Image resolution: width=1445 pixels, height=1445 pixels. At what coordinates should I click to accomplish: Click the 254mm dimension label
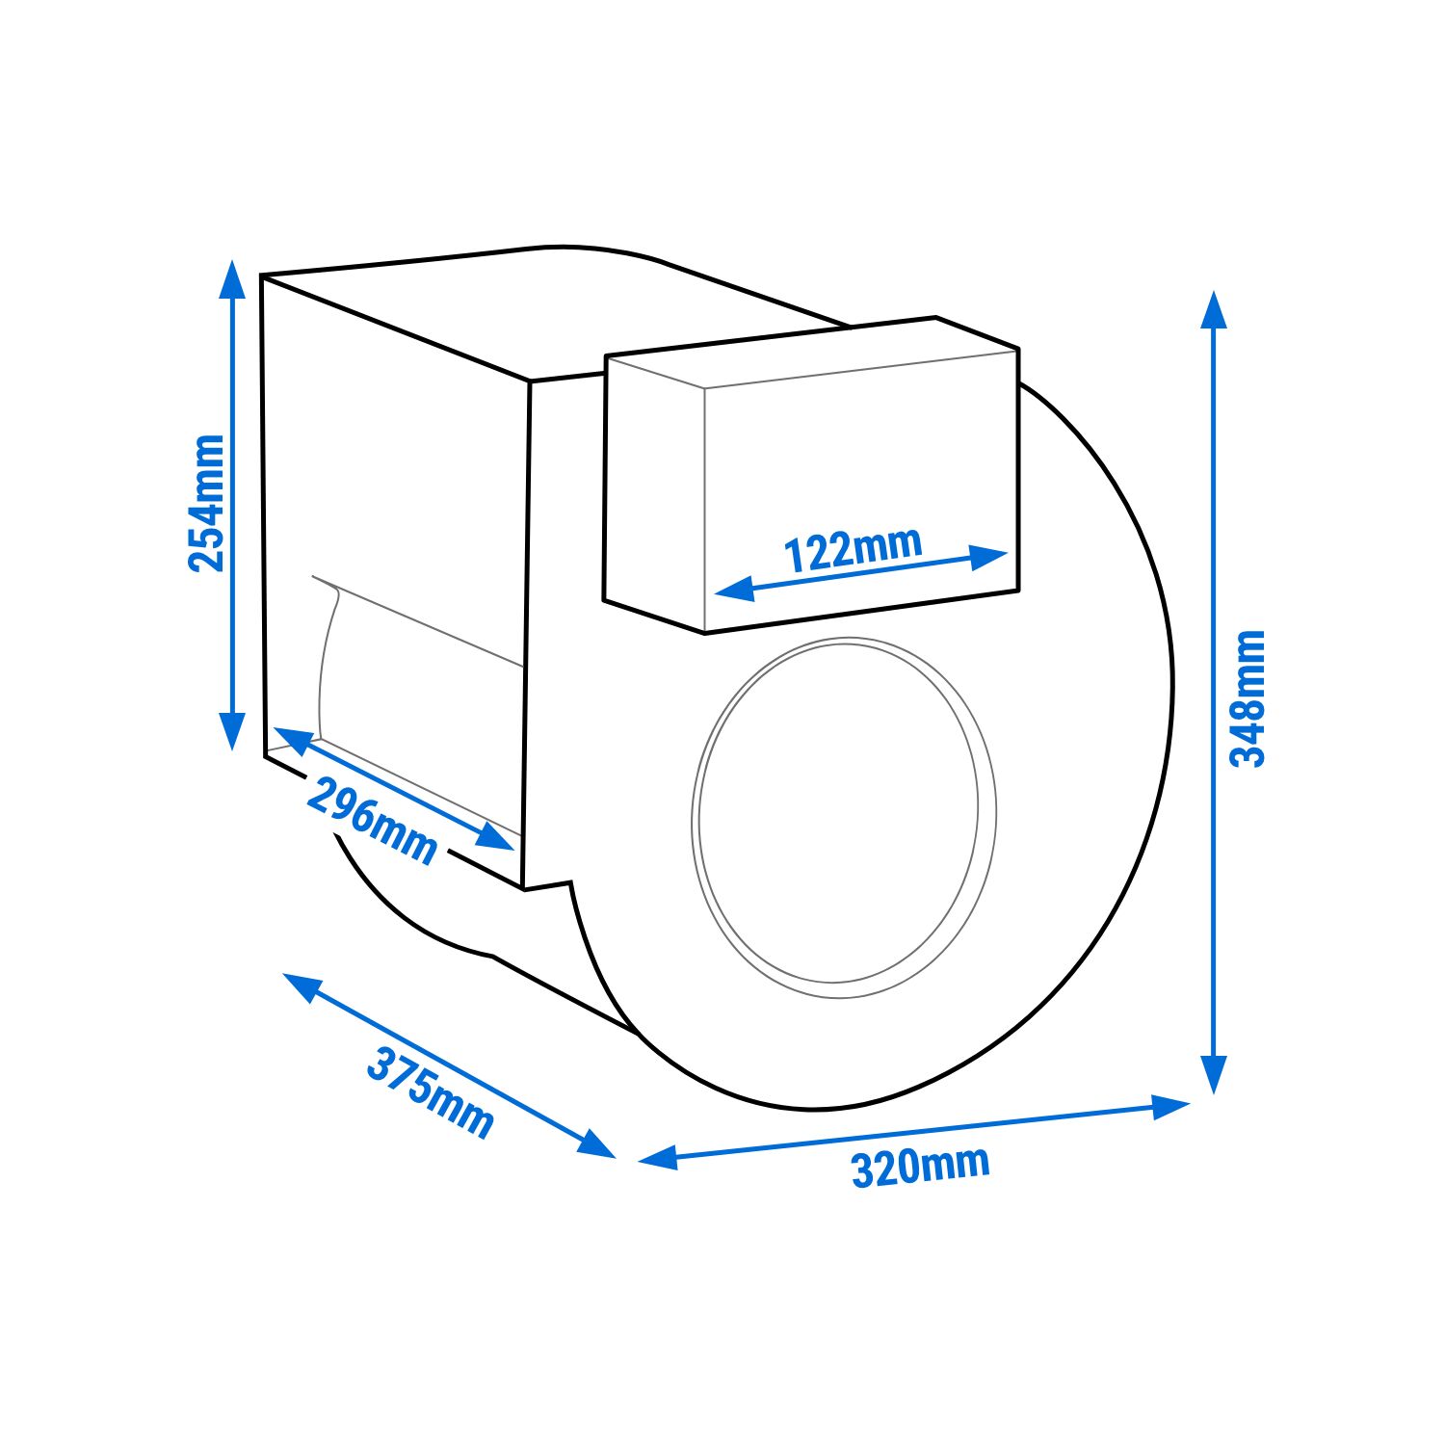pyautogui.click(x=207, y=504)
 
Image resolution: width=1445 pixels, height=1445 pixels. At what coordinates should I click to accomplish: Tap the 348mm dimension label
pyautogui.click(x=1248, y=698)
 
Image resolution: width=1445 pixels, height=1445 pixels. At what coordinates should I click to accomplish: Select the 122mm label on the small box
pyautogui.click(x=853, y=550)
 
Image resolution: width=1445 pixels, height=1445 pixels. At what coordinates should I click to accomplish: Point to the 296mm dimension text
pyautogui.click(x=372, y=822)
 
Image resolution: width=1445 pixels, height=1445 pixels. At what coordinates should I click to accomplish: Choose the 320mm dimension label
pyautogui.click(x=920, y=1167)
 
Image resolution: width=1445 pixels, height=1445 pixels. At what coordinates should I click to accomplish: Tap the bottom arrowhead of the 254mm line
pyautogui.click(x=231, y=731)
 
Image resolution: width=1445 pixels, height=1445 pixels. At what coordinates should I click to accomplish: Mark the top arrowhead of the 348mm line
pyautogui.click(x=1214, y=309)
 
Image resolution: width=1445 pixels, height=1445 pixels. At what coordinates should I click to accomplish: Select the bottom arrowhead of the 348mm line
pyautogui.click(x=1214, y=1074)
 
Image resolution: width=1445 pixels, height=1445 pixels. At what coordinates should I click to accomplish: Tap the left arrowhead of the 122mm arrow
pyautogui.click(x=735, y=588)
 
